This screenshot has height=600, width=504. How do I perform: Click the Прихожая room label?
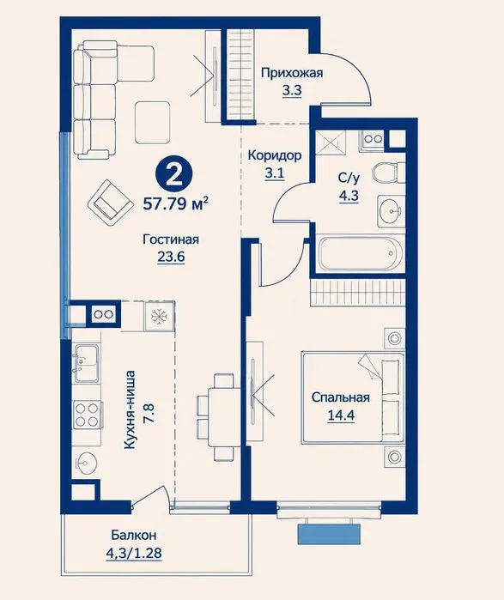click(292, 73)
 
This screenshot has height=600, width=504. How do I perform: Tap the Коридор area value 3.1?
click(275, 173)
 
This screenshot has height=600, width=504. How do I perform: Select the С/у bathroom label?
click(349, 178)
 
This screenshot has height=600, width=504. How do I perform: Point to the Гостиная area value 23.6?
click(171, 257)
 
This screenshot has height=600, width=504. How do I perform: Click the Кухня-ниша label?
click(131, 409)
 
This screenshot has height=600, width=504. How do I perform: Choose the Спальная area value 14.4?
click(341, 415)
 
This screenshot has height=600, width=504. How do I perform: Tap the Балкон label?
click(134, 535)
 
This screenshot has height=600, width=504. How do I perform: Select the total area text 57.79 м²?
click(176, 203)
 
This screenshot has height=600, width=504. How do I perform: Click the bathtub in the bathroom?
click(360, 253)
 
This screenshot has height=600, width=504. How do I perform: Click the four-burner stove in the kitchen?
click(87, 415)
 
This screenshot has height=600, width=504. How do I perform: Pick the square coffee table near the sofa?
click(152, 123)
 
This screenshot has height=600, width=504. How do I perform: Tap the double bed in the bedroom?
click(353, 398)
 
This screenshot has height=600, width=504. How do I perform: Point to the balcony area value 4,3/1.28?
click(134, 554)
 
